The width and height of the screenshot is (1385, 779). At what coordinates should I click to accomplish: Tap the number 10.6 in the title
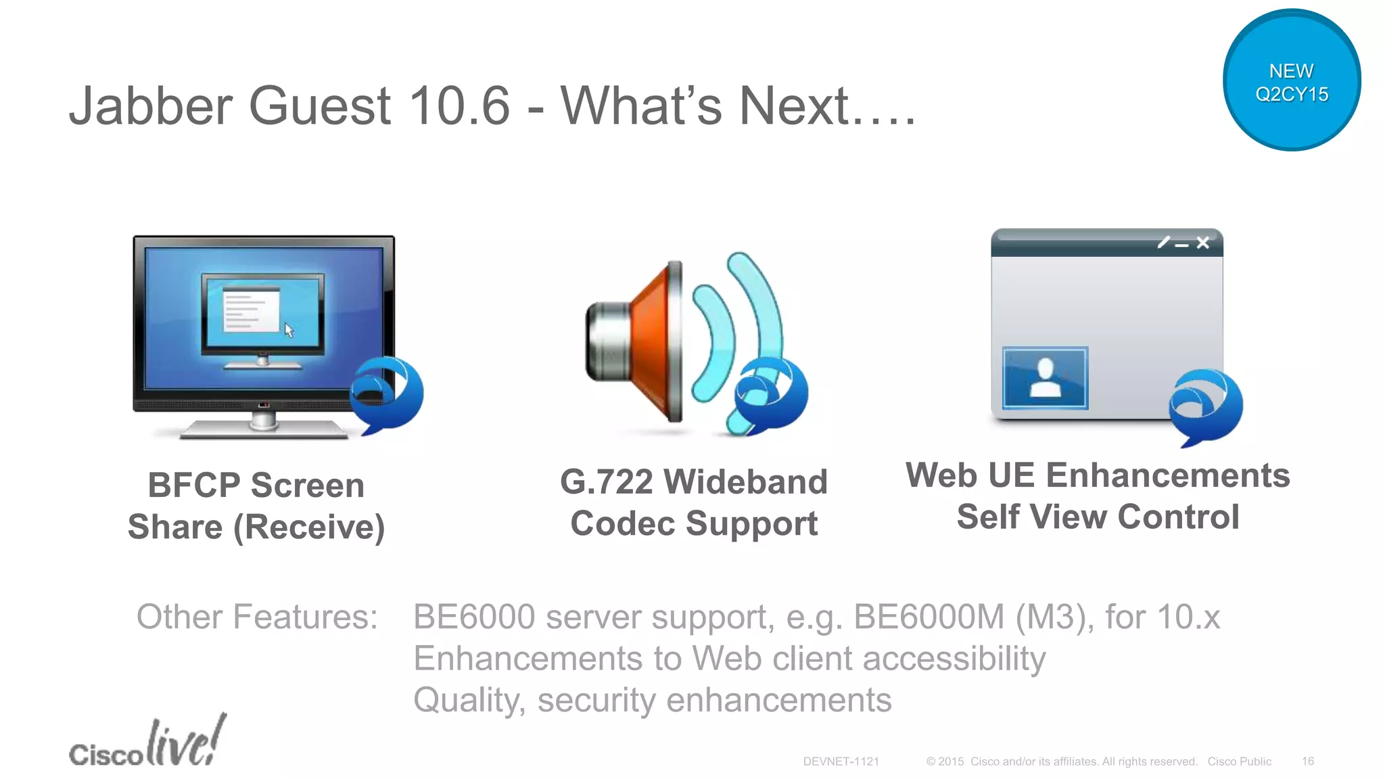[459, 106]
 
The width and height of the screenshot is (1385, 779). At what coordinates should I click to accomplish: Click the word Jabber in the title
[151, 106]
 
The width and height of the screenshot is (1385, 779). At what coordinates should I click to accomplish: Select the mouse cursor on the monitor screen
[289, 331]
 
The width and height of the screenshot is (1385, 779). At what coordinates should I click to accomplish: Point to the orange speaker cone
[653, 341]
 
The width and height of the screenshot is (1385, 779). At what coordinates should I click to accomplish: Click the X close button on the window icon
[1202, 243]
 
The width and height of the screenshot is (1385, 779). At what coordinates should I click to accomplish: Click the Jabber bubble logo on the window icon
[1206, 406]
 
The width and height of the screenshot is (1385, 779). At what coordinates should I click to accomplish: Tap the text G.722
[606, 482]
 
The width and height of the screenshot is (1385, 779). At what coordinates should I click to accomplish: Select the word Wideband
[745, 482]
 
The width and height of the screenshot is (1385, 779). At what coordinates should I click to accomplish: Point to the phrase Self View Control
[1098, 517]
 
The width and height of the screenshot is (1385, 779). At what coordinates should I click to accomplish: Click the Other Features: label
[257, 617]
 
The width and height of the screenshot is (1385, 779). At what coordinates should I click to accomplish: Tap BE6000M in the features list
[929, 617]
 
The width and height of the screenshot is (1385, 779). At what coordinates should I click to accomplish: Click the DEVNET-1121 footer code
[841, 761]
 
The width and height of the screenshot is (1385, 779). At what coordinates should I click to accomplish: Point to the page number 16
[1308, 761]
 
